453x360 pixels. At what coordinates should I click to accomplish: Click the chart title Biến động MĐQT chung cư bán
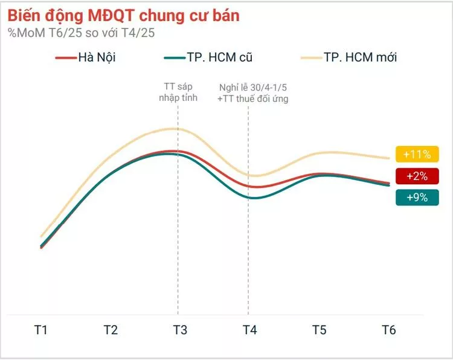pyautogui.click(x=123, y=15)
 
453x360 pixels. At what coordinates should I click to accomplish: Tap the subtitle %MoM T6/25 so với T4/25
pyautogui.click(x=82, y=33)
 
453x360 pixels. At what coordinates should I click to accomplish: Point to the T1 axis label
pyautogui.click(x=40, y=330)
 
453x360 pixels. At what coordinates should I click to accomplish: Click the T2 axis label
pyautogui.click(x=110, y=330)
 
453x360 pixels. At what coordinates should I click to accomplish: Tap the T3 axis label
pyautogui.click(x=180, y=330)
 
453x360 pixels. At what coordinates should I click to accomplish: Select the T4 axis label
pyautogui.click(x=249, y=330)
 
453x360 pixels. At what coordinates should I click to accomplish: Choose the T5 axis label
pyautogui.click(x=320, y=330)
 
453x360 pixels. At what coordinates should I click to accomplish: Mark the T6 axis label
pyautogui.click(x=389, y=330)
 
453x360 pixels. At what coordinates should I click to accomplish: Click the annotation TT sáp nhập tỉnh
pyautogui.click(x=179, y=92)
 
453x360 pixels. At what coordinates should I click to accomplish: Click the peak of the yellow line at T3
pyautogui.click(x=175, y=129)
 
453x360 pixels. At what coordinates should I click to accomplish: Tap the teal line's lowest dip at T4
pyautogui.click(x=251, y=198)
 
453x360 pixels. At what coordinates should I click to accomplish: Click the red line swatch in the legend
pyautogui.click(x=65, y=58)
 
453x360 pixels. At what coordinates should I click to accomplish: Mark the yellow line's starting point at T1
pyautogui.click(x=41, y=236)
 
